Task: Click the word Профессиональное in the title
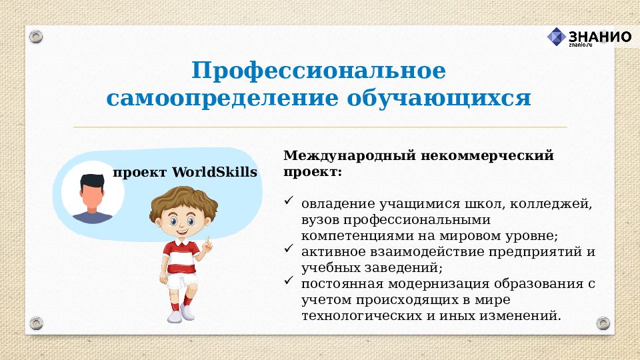click(x=319, y=71)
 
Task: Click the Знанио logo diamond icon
click(x=556, y=37)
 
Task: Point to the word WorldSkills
click(x=214, y=173)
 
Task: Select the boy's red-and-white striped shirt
click(x=181, y=257)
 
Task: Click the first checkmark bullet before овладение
click(x=289, y=200)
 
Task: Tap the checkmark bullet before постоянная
click(x=289, y=281)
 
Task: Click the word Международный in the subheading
click(x=351, y=156)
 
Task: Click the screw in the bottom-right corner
click(x=603, y=323)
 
